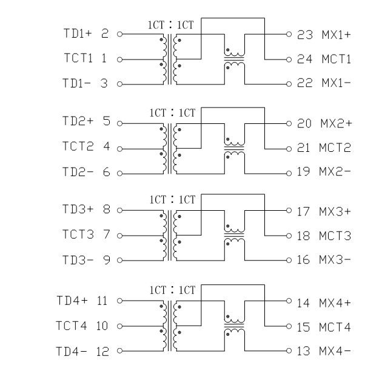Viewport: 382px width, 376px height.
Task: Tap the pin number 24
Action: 304,60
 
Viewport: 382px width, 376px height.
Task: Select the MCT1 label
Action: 336,60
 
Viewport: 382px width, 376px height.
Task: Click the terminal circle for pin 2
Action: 119,35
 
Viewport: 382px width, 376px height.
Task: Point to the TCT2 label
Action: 78,147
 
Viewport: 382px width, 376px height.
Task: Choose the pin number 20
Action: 304,124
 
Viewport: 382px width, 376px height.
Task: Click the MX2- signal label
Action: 335,173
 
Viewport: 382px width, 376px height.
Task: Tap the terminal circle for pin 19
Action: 289,173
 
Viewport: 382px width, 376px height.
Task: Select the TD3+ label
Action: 78,210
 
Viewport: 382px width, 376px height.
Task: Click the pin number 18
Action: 304,236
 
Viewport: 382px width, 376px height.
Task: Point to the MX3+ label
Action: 335,212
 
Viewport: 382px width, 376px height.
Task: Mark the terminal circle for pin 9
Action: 119,261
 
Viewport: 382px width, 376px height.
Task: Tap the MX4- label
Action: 335,351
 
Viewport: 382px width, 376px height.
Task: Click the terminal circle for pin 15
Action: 289,327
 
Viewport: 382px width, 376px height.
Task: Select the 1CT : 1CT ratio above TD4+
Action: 172,291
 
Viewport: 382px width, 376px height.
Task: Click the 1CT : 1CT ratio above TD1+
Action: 171,25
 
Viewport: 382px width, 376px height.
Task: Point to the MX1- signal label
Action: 335,83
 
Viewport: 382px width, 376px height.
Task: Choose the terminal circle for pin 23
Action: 289,35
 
